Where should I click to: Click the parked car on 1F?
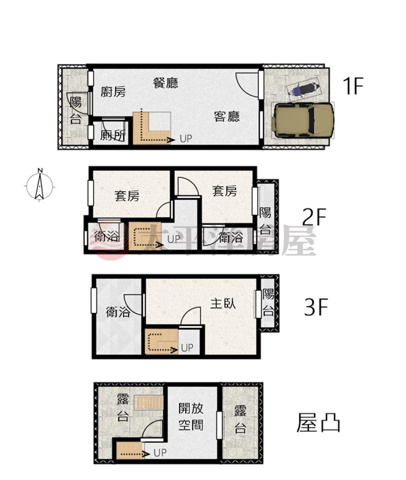(x=302, y=120)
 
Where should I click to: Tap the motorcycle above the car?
(x=303, y=89)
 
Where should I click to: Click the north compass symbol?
(x=40, y=186)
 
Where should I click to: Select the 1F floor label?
(x=353, y=86)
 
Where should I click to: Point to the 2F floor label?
(x=314, y=217)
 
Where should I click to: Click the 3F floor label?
(x=316, y=307)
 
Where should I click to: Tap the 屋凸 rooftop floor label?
(x=318, y=423)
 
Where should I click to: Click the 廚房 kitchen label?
(x=113, y=91)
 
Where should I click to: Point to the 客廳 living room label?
(x=227, y=117)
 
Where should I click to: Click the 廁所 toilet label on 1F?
(x=113, y=135)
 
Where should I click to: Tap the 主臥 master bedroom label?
(x=223, y=303)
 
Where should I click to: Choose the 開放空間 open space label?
(x=191, y=417)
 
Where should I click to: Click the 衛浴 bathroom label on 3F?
(x=118, y=312)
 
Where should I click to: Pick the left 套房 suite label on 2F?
(x=127, y=196)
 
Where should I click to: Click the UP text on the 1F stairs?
(x=186, y=139)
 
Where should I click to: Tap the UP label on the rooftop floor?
(x=160, y=453)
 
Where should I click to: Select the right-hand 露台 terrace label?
(x=240, y=419)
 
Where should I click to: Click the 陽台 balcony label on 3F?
(x=268, y=303)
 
